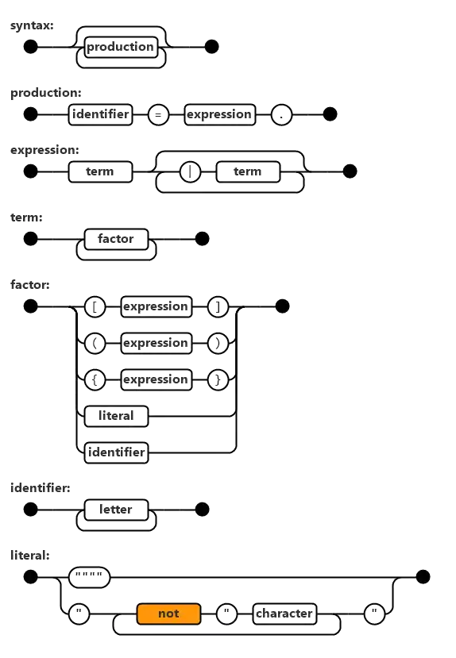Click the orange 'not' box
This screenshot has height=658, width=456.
168,614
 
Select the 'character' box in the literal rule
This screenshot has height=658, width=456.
284,614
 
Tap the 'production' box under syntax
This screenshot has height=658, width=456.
121,47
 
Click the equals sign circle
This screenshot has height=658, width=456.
158,114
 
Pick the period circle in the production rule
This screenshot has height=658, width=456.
281,114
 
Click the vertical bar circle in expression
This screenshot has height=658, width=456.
190,171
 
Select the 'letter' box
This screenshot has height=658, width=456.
116,510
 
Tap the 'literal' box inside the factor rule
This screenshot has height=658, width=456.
116,416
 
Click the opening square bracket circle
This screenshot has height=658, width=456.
95,306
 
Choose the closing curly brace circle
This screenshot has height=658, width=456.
218,379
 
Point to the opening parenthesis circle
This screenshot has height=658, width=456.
95,343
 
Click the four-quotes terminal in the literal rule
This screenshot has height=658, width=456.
89,577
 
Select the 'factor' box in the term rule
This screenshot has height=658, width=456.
116,239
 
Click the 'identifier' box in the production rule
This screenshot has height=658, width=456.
100,114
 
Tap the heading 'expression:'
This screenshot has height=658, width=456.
44,150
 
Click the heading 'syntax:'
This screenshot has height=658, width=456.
32,25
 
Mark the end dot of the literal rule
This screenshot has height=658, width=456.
423,577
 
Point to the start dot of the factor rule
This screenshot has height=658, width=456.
30,306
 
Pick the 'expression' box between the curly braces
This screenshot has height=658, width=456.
157,379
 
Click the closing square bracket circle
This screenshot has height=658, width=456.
218,306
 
